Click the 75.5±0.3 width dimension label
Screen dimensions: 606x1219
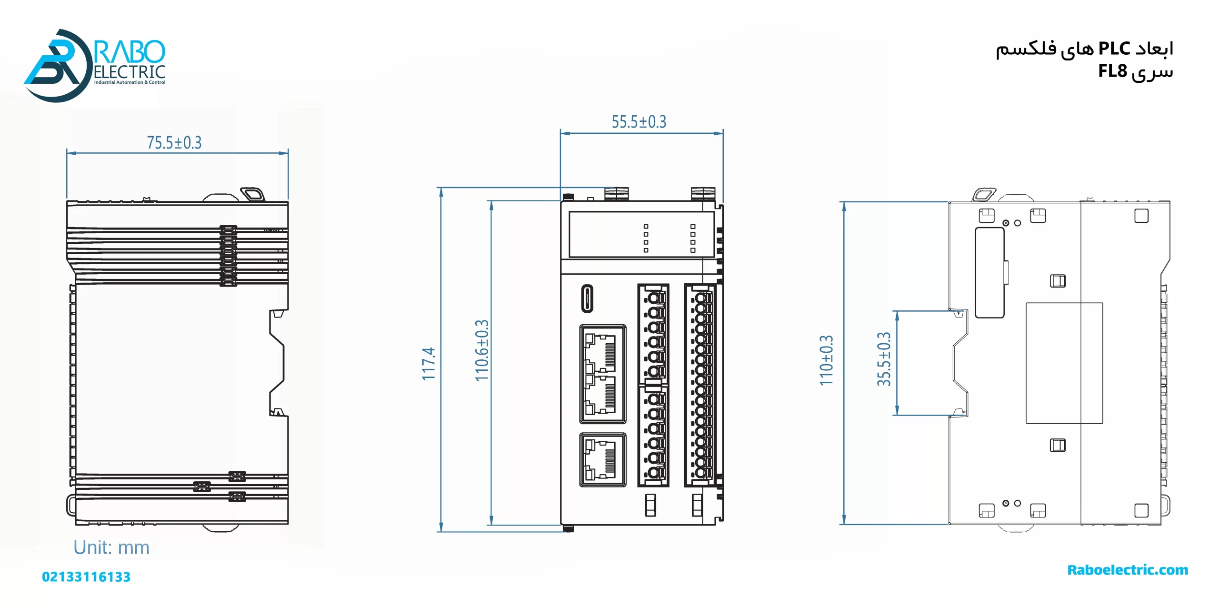[174, 142]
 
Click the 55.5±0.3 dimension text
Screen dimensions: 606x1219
[639, 122]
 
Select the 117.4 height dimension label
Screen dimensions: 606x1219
[429, 364]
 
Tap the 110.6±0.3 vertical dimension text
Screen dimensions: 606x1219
[482, 350]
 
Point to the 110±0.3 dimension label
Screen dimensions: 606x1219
[826, 360]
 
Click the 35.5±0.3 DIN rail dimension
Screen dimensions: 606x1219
[884, 359]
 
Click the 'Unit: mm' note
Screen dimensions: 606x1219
[111, 547]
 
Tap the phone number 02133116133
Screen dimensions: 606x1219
[86, 577]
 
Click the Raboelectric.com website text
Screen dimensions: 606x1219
[1127, 570]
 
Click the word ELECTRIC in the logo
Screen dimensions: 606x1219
[130, 72]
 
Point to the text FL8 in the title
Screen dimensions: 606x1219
[1112, 71]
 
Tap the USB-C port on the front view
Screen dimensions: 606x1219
[588, 298]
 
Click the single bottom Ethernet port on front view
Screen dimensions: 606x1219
[602, 459]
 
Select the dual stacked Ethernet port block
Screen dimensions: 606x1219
[602, 374]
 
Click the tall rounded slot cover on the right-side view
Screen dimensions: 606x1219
[989, 272]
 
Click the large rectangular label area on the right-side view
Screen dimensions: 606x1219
[1064, 363]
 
